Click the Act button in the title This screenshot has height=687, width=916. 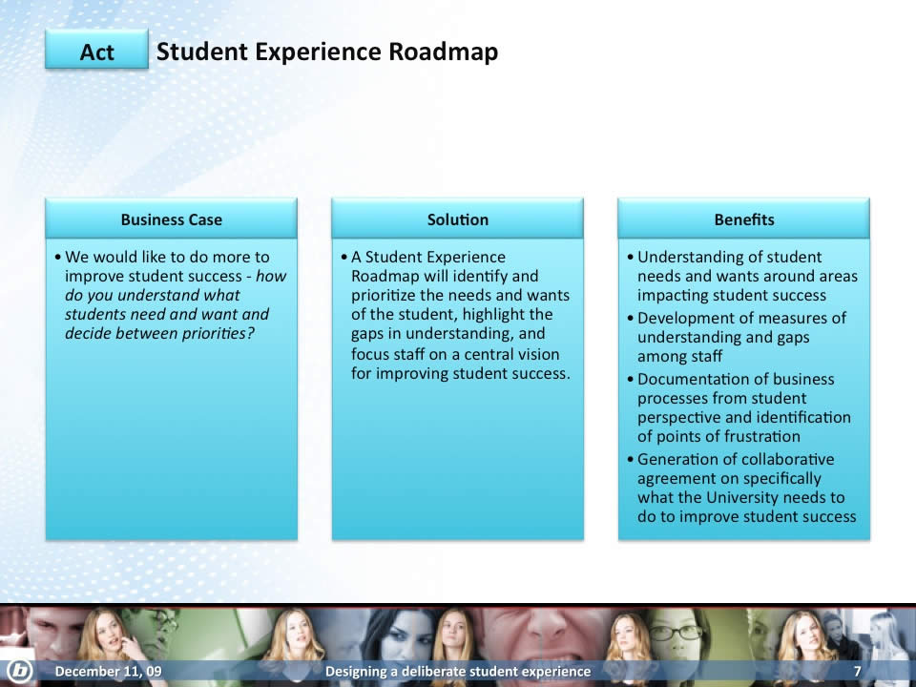[x=97, y=51]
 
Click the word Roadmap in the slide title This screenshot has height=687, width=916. [x=444, y=52]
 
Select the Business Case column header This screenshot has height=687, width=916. [x=171, y=219]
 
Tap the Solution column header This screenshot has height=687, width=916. [x=457, y=219]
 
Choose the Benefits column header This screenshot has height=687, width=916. [x=743, y=219]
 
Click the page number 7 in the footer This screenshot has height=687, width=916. [x=857, y=671]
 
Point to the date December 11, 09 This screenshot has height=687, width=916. [x=108, y=671]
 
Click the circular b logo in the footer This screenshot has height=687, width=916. [x=18, y=670]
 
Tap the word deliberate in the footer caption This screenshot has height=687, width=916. [x=438, y=671]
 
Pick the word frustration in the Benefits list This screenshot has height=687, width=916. [x=759, y=436]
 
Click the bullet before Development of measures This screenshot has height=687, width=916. [x=631, y=319]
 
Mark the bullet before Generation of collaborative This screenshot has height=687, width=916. [x=631, y=459]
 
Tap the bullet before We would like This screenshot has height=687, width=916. [x=58, y=257]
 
